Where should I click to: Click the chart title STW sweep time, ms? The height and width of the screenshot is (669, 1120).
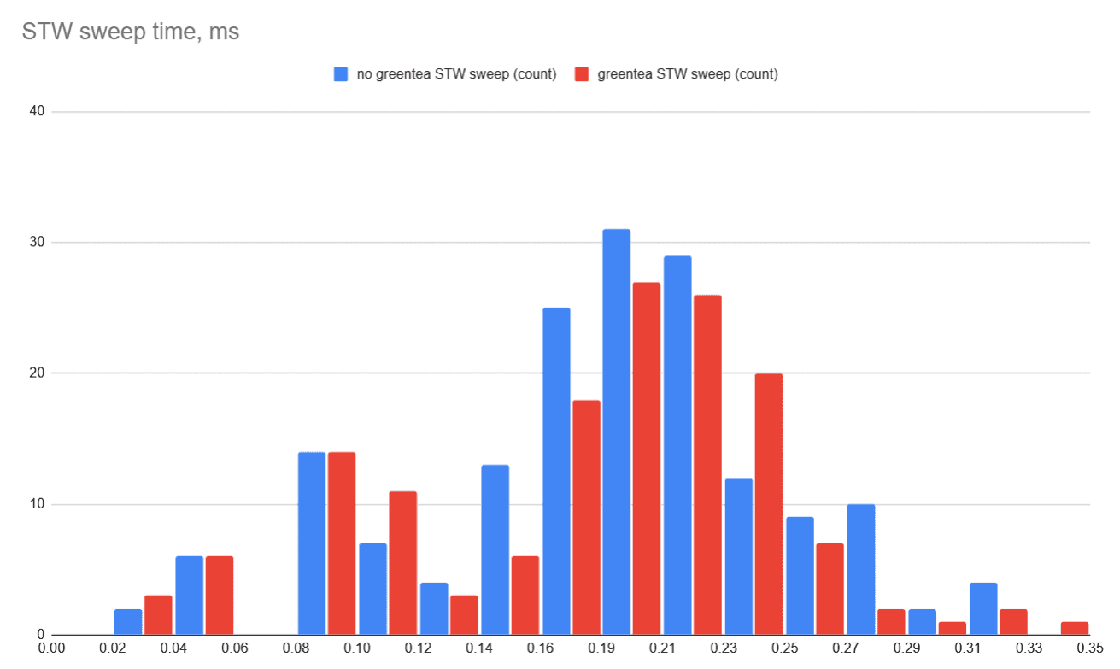click(131, 33)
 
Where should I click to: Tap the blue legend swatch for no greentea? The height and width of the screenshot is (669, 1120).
click(341, 74)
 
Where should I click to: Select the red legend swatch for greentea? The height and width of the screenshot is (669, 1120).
click(582, 74)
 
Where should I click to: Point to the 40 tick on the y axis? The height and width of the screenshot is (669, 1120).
click(36, 111)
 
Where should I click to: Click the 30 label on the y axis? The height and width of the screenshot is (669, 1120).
click(36, 243)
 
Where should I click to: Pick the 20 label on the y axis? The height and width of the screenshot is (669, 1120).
click(36, 373)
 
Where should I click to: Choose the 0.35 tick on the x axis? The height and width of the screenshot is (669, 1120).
click(1090, 648)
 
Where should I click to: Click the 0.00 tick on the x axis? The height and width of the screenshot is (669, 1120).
click(52, 648)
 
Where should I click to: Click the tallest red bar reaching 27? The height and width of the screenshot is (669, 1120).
click(647, 458)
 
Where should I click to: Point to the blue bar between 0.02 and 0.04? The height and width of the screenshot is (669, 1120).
click(128, 622)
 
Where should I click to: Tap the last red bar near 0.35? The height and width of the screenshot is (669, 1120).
click(1074, 628)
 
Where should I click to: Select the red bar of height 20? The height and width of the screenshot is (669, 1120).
click(769, 504)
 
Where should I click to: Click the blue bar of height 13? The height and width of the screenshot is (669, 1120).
click(495, 549)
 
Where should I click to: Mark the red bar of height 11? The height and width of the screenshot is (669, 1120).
click(402, 563)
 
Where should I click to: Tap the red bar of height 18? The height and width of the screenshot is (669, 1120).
click(586, 517)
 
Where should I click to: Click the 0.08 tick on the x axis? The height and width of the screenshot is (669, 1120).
click(296, 648)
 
